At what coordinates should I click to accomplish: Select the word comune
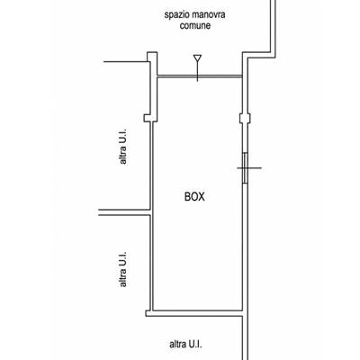point(195,25)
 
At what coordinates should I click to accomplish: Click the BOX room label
point(194,197)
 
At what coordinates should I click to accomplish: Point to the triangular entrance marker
point(197,58)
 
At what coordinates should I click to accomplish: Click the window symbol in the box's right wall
point(246,168)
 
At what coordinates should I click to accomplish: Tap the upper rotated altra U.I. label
point(122,147)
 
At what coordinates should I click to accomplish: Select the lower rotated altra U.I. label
point(122,269)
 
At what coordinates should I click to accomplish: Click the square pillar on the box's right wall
point(245,118)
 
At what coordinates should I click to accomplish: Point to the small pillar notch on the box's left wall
point(148,118)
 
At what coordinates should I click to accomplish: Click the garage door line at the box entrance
point(200,76)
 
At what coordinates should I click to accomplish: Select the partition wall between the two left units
point(124,212)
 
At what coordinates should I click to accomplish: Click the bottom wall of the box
point(194,313)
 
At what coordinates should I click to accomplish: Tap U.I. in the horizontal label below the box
point(195,344)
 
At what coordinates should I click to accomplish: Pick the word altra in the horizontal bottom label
point(178,344)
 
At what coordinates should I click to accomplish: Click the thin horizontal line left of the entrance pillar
point(126,62)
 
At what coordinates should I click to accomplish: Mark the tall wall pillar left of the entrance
point(152,87)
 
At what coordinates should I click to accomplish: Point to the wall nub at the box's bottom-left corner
point(148,313)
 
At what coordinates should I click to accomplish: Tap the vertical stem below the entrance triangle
point(197,72)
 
